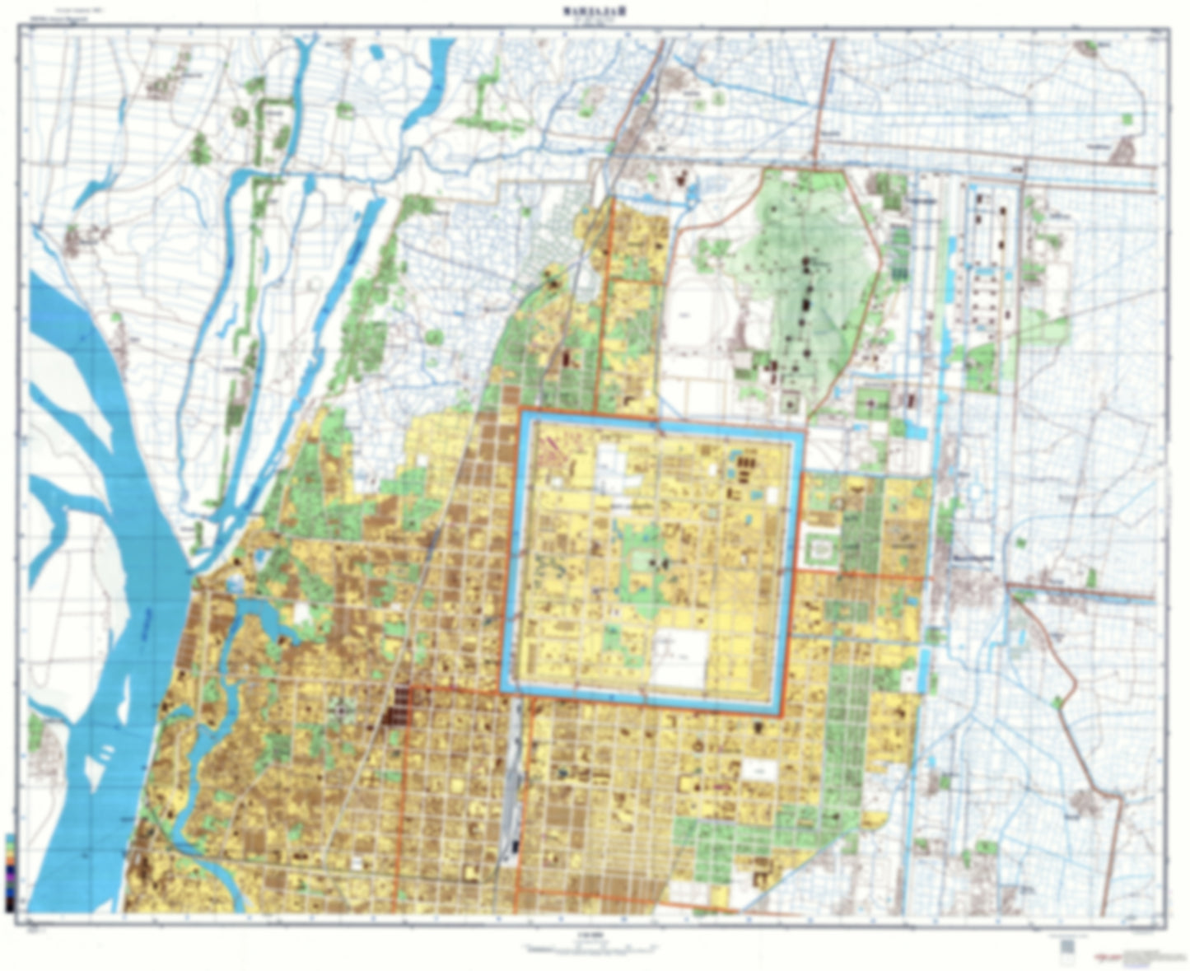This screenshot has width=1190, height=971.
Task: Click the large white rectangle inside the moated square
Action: pyautogui.click(x=680, y=658)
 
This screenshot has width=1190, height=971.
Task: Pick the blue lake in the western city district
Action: pyautogui.click(x=264, y=618)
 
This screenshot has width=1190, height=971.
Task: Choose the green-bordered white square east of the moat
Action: pyautogui.click(x=820, y=547)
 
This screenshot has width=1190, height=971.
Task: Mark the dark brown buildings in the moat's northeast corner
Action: pyautogui.click(x=742, y=469)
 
